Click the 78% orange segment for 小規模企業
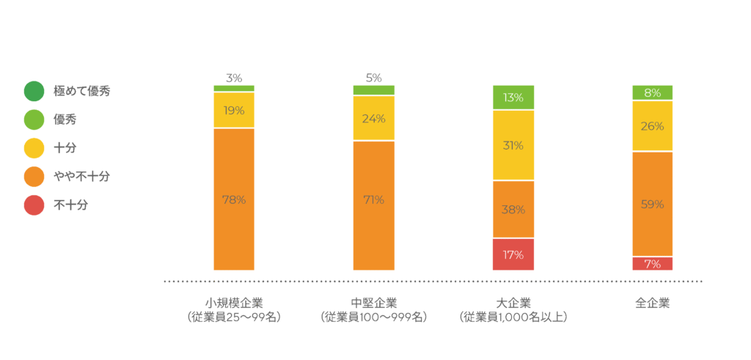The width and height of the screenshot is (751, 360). coord(234,199)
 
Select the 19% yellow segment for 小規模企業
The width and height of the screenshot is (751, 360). coord(234,110)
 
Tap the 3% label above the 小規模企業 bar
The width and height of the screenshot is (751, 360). coord(234,78)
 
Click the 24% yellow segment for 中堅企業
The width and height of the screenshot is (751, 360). coord(373,118)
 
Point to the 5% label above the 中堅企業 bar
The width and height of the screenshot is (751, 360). coord(373,78)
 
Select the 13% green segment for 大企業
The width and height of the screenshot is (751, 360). coord(513,98)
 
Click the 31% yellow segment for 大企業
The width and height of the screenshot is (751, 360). coord(513,145)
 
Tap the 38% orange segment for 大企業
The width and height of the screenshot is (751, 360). coord(513,209)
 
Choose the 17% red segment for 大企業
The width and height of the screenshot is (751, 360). coord(513,254)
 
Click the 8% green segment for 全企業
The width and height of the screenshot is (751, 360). coord(653,92)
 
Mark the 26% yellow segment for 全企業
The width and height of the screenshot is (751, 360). coord(653,126)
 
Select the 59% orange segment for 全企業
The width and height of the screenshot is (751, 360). coord(653,204)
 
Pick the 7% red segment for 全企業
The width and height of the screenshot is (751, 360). coord(653,263)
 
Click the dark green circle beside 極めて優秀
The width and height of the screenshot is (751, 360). coord(34,92)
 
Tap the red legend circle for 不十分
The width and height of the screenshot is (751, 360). coord(34,205)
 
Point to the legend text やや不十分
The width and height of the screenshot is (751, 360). coord(82,177)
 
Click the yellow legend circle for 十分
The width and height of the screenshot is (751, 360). coord(34,149)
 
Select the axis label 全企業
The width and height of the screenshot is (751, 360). coord(653,303)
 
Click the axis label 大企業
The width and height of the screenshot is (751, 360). coord(513,303)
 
